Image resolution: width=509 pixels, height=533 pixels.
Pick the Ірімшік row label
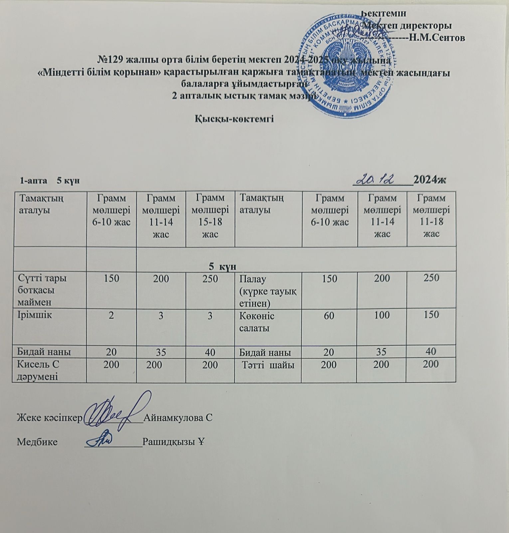[35, 315]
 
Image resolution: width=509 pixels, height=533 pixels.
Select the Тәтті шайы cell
[268, 365]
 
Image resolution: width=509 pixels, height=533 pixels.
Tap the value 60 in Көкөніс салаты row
[329, 315]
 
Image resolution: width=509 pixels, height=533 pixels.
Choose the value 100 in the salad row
[382, 315]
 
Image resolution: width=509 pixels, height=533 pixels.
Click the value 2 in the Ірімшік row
[111, 315]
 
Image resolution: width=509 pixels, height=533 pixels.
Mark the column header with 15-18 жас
[210, 216]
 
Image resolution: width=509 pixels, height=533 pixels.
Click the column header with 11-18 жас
[431, 216]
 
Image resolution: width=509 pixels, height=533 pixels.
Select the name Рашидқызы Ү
[173, 442]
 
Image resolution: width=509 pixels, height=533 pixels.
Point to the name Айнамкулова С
[178, 418]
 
